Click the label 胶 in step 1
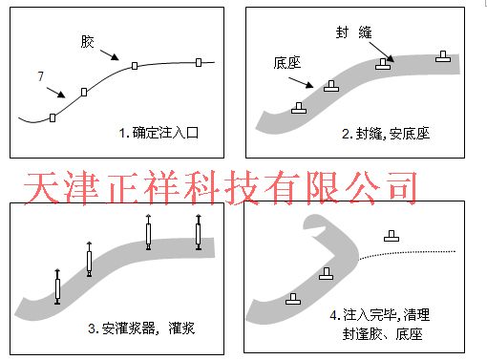[x=87, y=42]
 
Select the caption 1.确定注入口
[x=159, y=133]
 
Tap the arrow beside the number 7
[x=55, y=92]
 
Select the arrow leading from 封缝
[x=378, y=49]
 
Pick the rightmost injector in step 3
[x=198, y=233]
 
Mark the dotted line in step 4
[x=411, y=253]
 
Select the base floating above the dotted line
[x=391, y=235]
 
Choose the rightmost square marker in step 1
[x=199, y=62]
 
